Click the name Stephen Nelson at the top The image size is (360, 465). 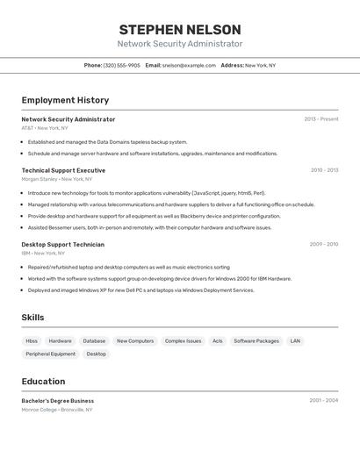[x=179, y=29]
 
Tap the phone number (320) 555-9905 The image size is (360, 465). [x=121, y=65]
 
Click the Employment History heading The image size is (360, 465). [x=65, y=100]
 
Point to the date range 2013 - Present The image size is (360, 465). [x=321, y=119]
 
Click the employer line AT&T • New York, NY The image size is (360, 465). [x=45, y=128]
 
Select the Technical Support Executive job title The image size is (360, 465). [x=63, y=170]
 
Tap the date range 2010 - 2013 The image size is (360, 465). [x=324, y=170]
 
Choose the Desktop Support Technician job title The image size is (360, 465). [x=62, y=245]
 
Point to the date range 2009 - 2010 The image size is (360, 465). [x=324, y=245]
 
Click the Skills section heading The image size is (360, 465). [x=32, y=318]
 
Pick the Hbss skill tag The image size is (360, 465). [x=32, y=340]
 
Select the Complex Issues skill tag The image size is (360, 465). [x=183, y=340]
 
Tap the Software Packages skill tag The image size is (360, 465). [x=256, y=340]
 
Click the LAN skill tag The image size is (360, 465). [x=295, y=340]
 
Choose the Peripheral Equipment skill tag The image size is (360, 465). [x=50, y=354]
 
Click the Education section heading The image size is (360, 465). [x=43, y=382]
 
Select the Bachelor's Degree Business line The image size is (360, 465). [x=58, y=400]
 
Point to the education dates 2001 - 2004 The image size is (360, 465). [x=324, y=400]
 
